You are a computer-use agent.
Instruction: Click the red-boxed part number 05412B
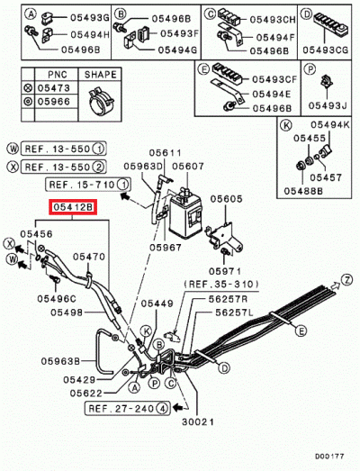click(x=69, y=209)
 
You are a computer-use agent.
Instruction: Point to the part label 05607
click(x=190, y=166)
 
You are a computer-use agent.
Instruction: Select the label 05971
click(x=227, y=270)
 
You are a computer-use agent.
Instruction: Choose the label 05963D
click(x=145, y=166)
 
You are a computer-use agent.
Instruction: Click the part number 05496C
click(x=56, y=298)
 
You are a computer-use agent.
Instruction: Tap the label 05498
click(x=67, y=312)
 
